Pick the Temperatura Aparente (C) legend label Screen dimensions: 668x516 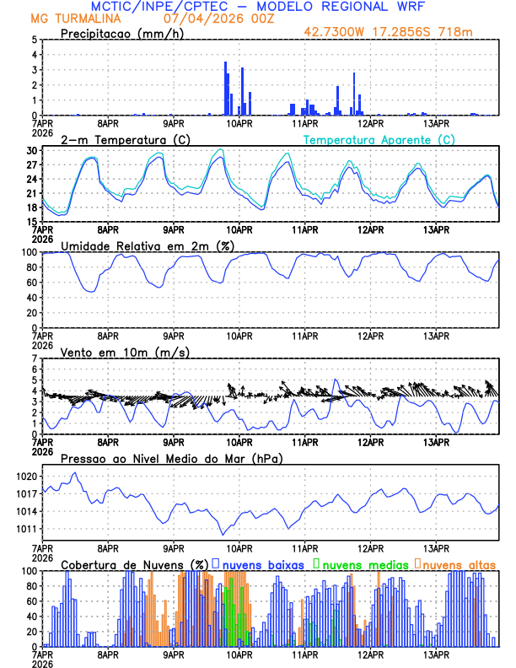pyautogui.click(x=379, y=139)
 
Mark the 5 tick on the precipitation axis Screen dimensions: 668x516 pyautogui.click(x=34, y=40)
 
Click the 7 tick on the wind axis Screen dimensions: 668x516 pyautogui.click(x=34, y=358)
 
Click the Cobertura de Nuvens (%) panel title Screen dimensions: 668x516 pyautogui.click(x=134, y=563)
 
